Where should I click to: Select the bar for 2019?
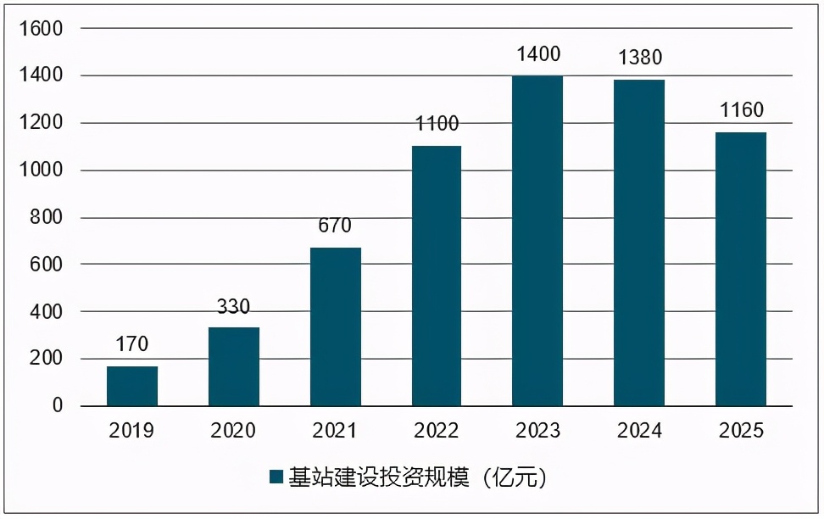point(132,386)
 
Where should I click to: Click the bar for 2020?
point(233,366)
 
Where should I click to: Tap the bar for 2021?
point(335,326)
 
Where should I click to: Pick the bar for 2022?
point(437,276)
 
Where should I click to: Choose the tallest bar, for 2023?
point(537,241)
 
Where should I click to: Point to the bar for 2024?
point(639,243)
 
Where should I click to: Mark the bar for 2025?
point(741,269)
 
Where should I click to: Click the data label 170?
point(132,344)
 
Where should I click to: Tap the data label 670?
point(335,226)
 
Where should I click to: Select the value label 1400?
point(537,54)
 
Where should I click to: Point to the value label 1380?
point(639,58)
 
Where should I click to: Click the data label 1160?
point(741,110)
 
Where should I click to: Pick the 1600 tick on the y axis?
point(46,29)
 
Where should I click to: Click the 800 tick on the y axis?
point(52,218)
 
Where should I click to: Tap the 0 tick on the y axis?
point(58,406)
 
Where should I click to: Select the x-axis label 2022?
point(437,431)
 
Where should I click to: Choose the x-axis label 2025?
point(741,431)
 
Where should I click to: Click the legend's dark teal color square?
point(276,477)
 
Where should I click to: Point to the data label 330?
point(233,306)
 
